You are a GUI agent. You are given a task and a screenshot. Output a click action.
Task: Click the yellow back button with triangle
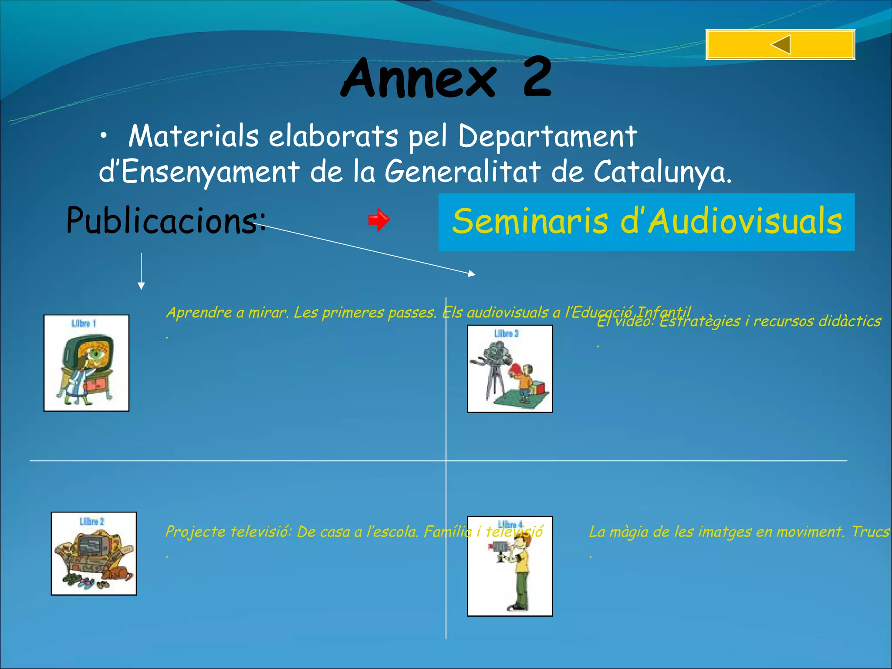tap(780, 44)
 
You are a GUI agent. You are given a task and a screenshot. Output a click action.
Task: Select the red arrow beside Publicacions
tap(379, 220)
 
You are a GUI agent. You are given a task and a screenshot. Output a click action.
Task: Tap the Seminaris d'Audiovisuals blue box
tap(646, 222)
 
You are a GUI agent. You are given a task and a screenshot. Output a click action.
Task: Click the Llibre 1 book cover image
tap(86, 363)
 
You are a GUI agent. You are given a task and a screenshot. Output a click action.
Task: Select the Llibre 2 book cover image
tap(94, 553)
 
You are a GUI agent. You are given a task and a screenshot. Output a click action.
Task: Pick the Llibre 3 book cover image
tap(510, 368)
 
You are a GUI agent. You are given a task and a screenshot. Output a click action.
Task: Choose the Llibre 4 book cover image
tap(510, 566)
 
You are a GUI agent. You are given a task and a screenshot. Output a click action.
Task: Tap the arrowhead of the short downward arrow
tap(141, 286)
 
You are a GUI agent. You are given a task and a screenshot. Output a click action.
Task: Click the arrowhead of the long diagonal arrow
tap(472, 274)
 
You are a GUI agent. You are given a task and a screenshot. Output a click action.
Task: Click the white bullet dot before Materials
tap(103, 137)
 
